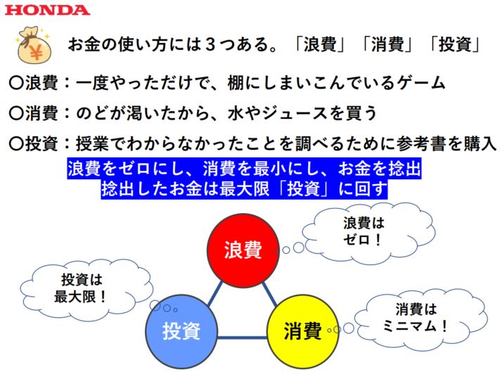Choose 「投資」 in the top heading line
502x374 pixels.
452,46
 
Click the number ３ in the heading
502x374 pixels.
208,46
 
